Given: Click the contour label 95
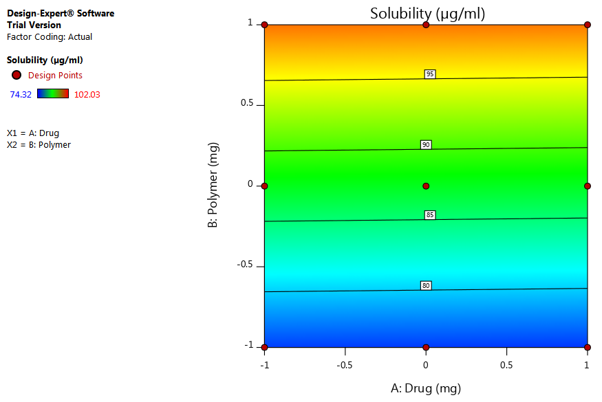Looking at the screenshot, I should (430, 74).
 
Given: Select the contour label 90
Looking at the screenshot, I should (426, 144).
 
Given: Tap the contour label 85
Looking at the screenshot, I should (430, 215).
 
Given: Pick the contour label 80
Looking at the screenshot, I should (426, 285).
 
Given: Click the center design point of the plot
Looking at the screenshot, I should (426, 186).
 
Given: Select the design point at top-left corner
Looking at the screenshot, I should (264, 25).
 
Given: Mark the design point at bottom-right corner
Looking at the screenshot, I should (588, 347).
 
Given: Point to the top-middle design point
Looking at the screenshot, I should (426, 25).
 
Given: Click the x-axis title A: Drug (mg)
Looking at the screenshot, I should (426, 388).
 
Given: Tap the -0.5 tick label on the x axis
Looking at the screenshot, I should (345, 366).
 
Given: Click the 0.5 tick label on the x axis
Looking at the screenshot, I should (506, 366).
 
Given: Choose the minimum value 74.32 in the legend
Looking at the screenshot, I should (20, 94).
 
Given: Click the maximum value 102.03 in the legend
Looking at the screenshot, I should (87, 94).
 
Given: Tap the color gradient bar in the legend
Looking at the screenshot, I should (53, 93).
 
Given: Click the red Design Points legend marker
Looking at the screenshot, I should (17, 75).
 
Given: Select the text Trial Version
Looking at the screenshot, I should (34, 25).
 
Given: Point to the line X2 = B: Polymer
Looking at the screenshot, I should (39, 145).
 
